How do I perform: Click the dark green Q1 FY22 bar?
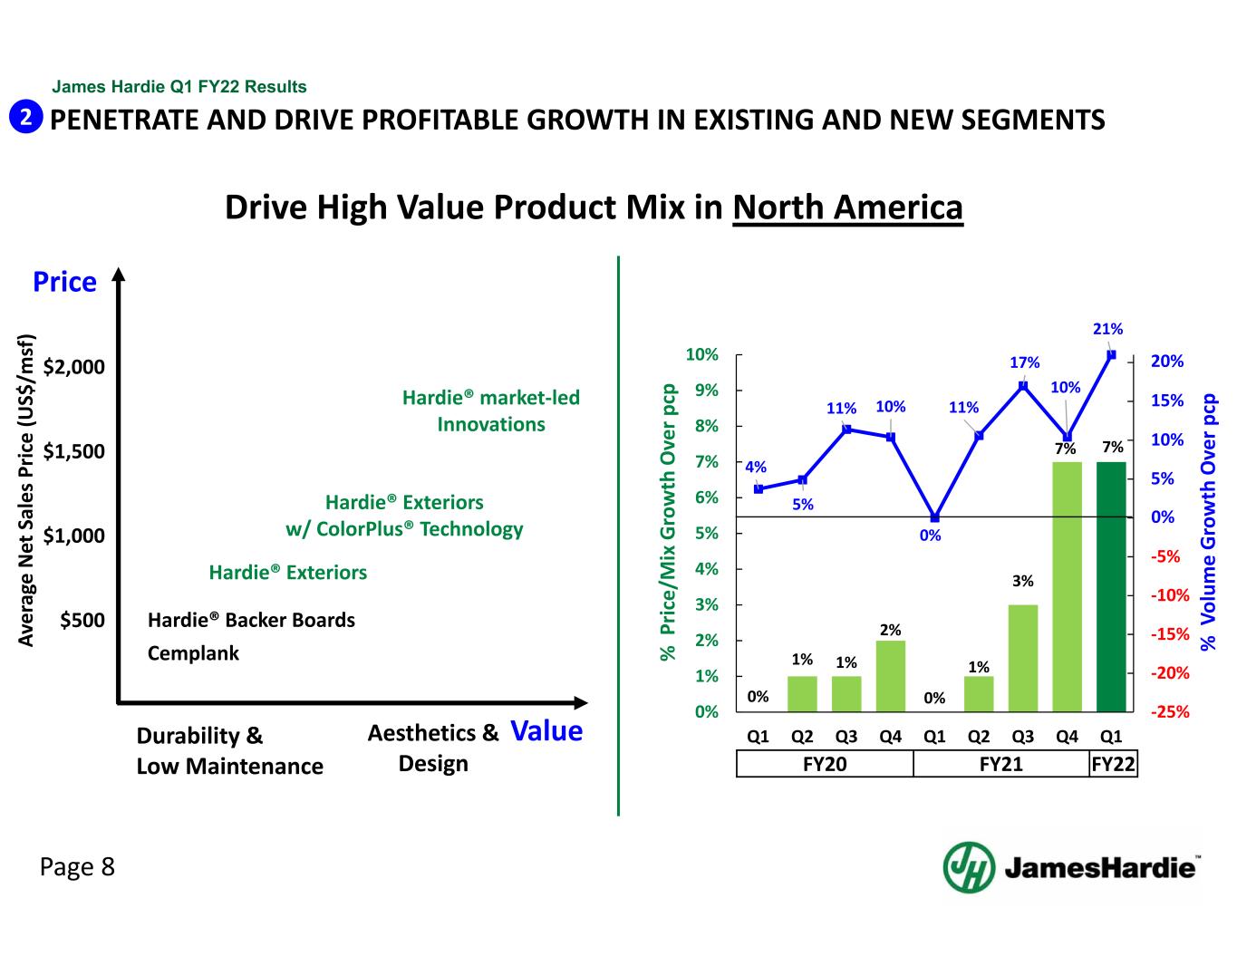pyautogui.click(x=1111, y=586)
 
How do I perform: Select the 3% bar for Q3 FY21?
pyautogui.click(x=1023, y=658)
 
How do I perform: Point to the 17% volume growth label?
pyautogui.click(x=1025, y=362)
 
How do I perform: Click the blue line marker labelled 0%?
pyautogui.click(x=934, y=517)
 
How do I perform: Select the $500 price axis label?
pyautogui.click(x=82, y=621)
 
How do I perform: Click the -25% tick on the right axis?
pyautogui.click(x=1170, y=712)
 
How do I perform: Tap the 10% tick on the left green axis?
pyautogui.click(x=702, y=354)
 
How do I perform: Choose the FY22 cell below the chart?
pyautogui.click(x=1114, y=765)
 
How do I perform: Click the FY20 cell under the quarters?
pyautogui.click(x=825, y=765)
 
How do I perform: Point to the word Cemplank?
pyautogui.click(x=193, y=653)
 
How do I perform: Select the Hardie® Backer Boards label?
pyautogui.click(x=251, y=621)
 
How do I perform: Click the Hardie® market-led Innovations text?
pyautogui.click(x=490, y=410)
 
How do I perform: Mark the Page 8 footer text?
pyautogui.click(x=77, y=867)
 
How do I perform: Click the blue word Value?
pyautogui.click(x=546, y=731)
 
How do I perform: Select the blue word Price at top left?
pyautogui.click(x=64, y=282)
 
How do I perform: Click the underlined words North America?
pyautogui.click(x=847, y=208)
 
